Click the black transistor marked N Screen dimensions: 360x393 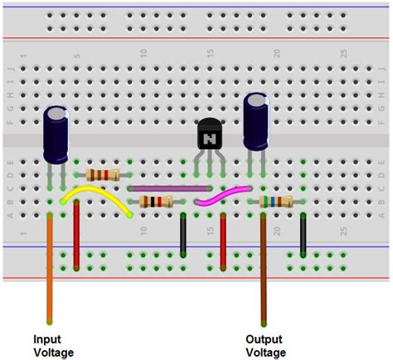210,135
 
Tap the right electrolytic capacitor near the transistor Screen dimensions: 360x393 256,123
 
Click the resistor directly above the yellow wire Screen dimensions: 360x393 103,174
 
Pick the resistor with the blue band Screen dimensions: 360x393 276,202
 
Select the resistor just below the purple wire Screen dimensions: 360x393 156,202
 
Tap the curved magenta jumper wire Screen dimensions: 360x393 221,196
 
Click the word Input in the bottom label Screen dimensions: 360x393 46,338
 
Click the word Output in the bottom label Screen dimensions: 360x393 263,338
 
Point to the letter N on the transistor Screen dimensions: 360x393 211,135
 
